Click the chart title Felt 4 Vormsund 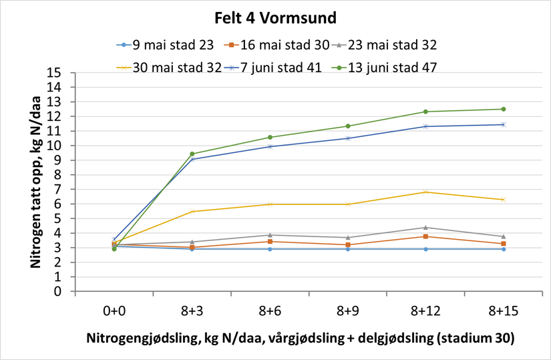pos(275,17)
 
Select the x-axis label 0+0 pos(114,311)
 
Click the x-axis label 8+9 pos(347,311)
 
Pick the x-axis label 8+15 pos(503,311)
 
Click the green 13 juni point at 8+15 pos(503,109)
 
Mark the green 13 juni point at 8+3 pos(192,154)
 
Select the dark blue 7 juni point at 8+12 pos(425,126)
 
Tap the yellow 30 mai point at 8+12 pos(425,192)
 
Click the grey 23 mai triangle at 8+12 pos(425,227)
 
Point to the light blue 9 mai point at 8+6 pos(270,249)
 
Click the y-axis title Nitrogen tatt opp pos(34,182)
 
